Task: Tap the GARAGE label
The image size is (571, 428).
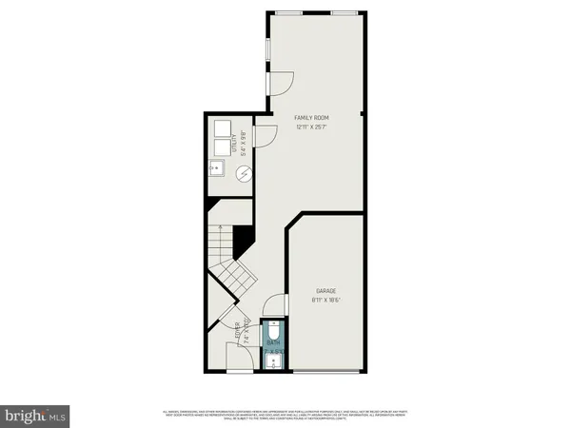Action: (x=326, y=290)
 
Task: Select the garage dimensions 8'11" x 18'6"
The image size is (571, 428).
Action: (x=326, y=300)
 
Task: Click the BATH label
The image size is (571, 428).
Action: (x=273, y=342)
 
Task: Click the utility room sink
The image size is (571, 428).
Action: (x=217, y=172)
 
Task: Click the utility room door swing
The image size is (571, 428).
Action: (x=267, y=138)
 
